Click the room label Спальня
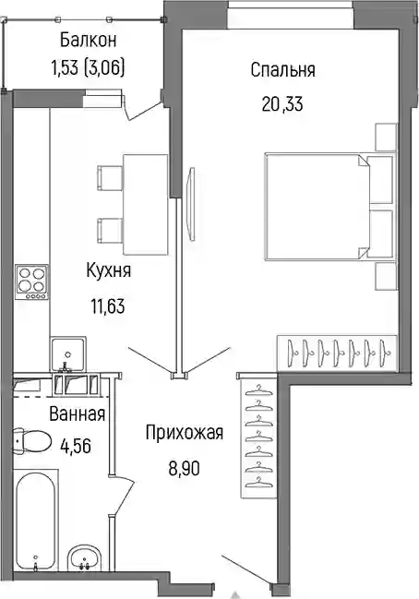click(x=282, y=71)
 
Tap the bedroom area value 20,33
click(x=282, y=103)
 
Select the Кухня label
click(x=109, y=271)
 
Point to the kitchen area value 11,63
click(x=108, y=306)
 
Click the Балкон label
click(x=89, y=40)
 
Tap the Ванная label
click(x=78, y=414)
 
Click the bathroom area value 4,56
click(x=76, y=446)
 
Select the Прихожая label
click(x=184, y=434)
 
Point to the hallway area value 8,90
click(x=184, y=468)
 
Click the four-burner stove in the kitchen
click(x=32, y=282)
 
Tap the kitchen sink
click(x=68, y=354)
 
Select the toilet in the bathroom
click(x=32, y=440)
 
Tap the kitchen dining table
click(x=146, y=204)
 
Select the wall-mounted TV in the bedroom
click(x=191, y=204)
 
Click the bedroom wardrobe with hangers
click(x=338, y=353)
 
